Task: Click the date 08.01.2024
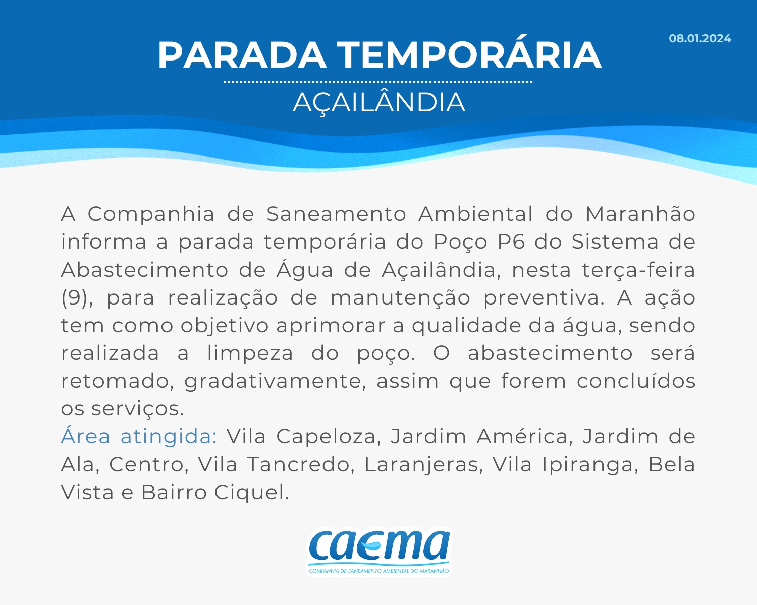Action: (x=699, y=38)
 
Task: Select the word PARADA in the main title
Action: (x=242, y=55)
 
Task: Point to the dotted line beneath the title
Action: (x=378, y=82)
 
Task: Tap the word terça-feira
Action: (x=638, y=270)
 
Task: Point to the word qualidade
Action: (x=466, y=326)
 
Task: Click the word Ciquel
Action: (x=251, y=493)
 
